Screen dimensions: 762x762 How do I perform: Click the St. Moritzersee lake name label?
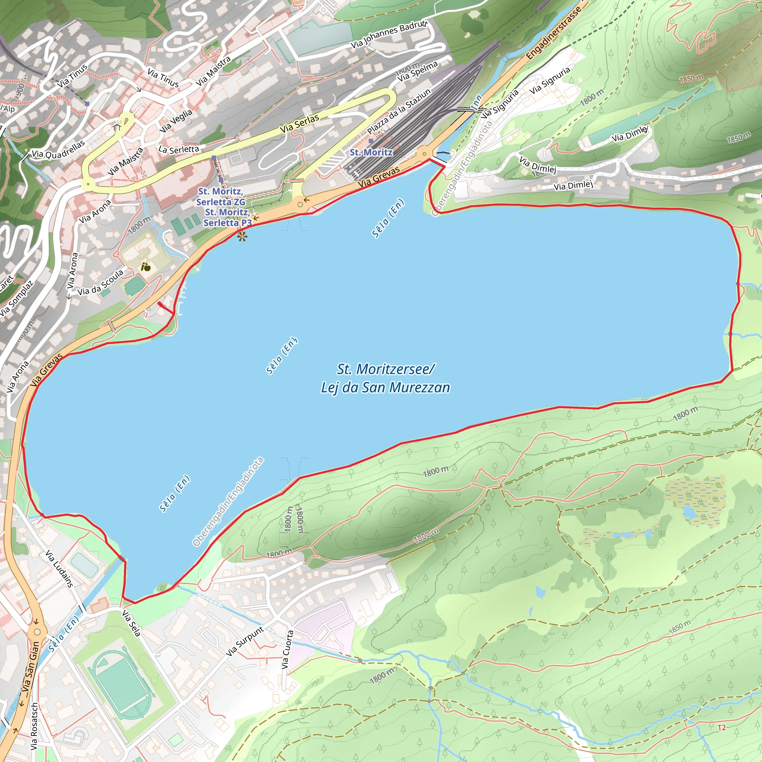pyautogui.click(x=385, y=378)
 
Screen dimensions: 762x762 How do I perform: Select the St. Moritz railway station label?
pyautogui.click(x=371, y=152)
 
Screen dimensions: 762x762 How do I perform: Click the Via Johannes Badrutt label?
pyautogui.click(x=389, y=35)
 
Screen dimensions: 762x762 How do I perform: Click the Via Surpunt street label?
pyautogui.click(x=244, y=641)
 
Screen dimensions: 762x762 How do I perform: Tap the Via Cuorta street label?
pyautogui.click(x=287, y=649)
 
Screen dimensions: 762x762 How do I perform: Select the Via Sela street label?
pyautogui.click(x=131, y=623)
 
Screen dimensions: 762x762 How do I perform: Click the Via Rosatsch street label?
pyautogui.click(x=34, y=726)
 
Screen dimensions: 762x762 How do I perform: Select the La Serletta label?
pyautogui.click(x=178, y=149)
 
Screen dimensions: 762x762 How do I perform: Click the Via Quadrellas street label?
pyautogui.click(x=58, y=150)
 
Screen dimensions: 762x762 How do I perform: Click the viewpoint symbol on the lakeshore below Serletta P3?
pyautogui.click(x=242, y=236)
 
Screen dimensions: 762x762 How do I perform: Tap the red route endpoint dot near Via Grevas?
pyautogui.click(x=159, y=303)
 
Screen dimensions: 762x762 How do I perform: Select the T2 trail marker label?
pyautogui.click(x=721, y=727)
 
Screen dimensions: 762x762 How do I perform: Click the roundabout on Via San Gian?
pyautogui.click(x=37, y=632)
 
